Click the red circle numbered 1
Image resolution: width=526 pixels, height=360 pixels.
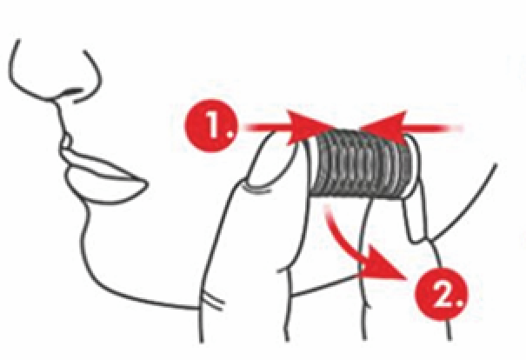coord(211,125)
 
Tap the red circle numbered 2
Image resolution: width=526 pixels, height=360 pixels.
coord(441,294)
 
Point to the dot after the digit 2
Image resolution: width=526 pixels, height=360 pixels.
coord(459,304)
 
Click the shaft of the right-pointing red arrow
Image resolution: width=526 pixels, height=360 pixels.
coord(267,128)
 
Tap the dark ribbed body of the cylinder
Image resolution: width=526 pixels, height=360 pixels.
coord(361,164)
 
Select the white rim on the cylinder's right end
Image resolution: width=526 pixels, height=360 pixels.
coord(413,166)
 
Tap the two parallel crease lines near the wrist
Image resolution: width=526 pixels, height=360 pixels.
coord(212,300)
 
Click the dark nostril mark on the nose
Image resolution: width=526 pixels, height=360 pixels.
coord(71,91)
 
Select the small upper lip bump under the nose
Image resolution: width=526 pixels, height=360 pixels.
coord(66,143)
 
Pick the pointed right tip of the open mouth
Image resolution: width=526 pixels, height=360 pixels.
coord(147,183)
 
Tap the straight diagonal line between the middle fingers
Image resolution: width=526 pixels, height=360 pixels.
coord(324,285)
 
